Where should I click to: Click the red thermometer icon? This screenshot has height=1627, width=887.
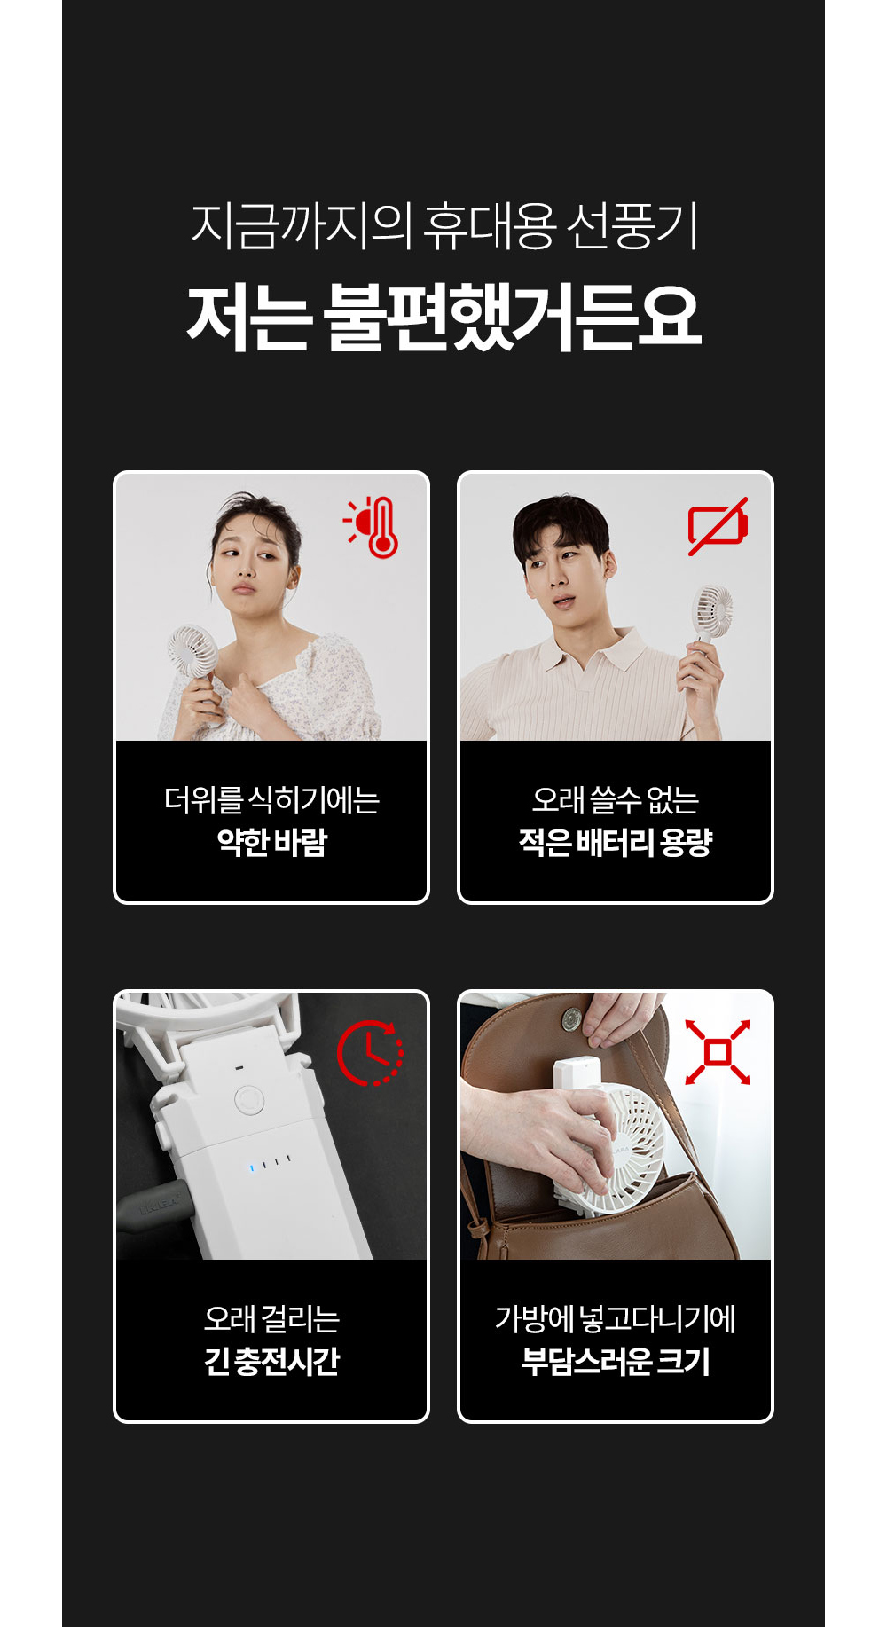[x=373, y=527]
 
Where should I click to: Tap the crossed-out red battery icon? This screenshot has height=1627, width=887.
[x=718, y=526]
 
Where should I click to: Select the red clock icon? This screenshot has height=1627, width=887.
[x=370, y=1053]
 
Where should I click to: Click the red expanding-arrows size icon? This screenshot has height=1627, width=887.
[x=718, y=1052]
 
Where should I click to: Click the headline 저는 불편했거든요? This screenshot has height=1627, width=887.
[x=444, y=317]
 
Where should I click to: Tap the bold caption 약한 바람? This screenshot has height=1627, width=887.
[x=272, y=842]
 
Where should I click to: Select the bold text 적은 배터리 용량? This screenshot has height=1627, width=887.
[x=616, y=842]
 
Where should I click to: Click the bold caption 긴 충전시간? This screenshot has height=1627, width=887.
[x=272, y=1361]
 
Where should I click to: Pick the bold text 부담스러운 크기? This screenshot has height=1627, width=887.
[x=616, y=1361]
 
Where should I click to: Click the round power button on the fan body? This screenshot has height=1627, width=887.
[x=249, y=1101]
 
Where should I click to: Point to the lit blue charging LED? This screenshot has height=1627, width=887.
[x=252, y=1167]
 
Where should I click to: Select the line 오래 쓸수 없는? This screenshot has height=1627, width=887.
[x=616, y=800]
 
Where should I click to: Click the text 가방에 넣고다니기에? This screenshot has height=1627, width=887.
[x=616, y=1319]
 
